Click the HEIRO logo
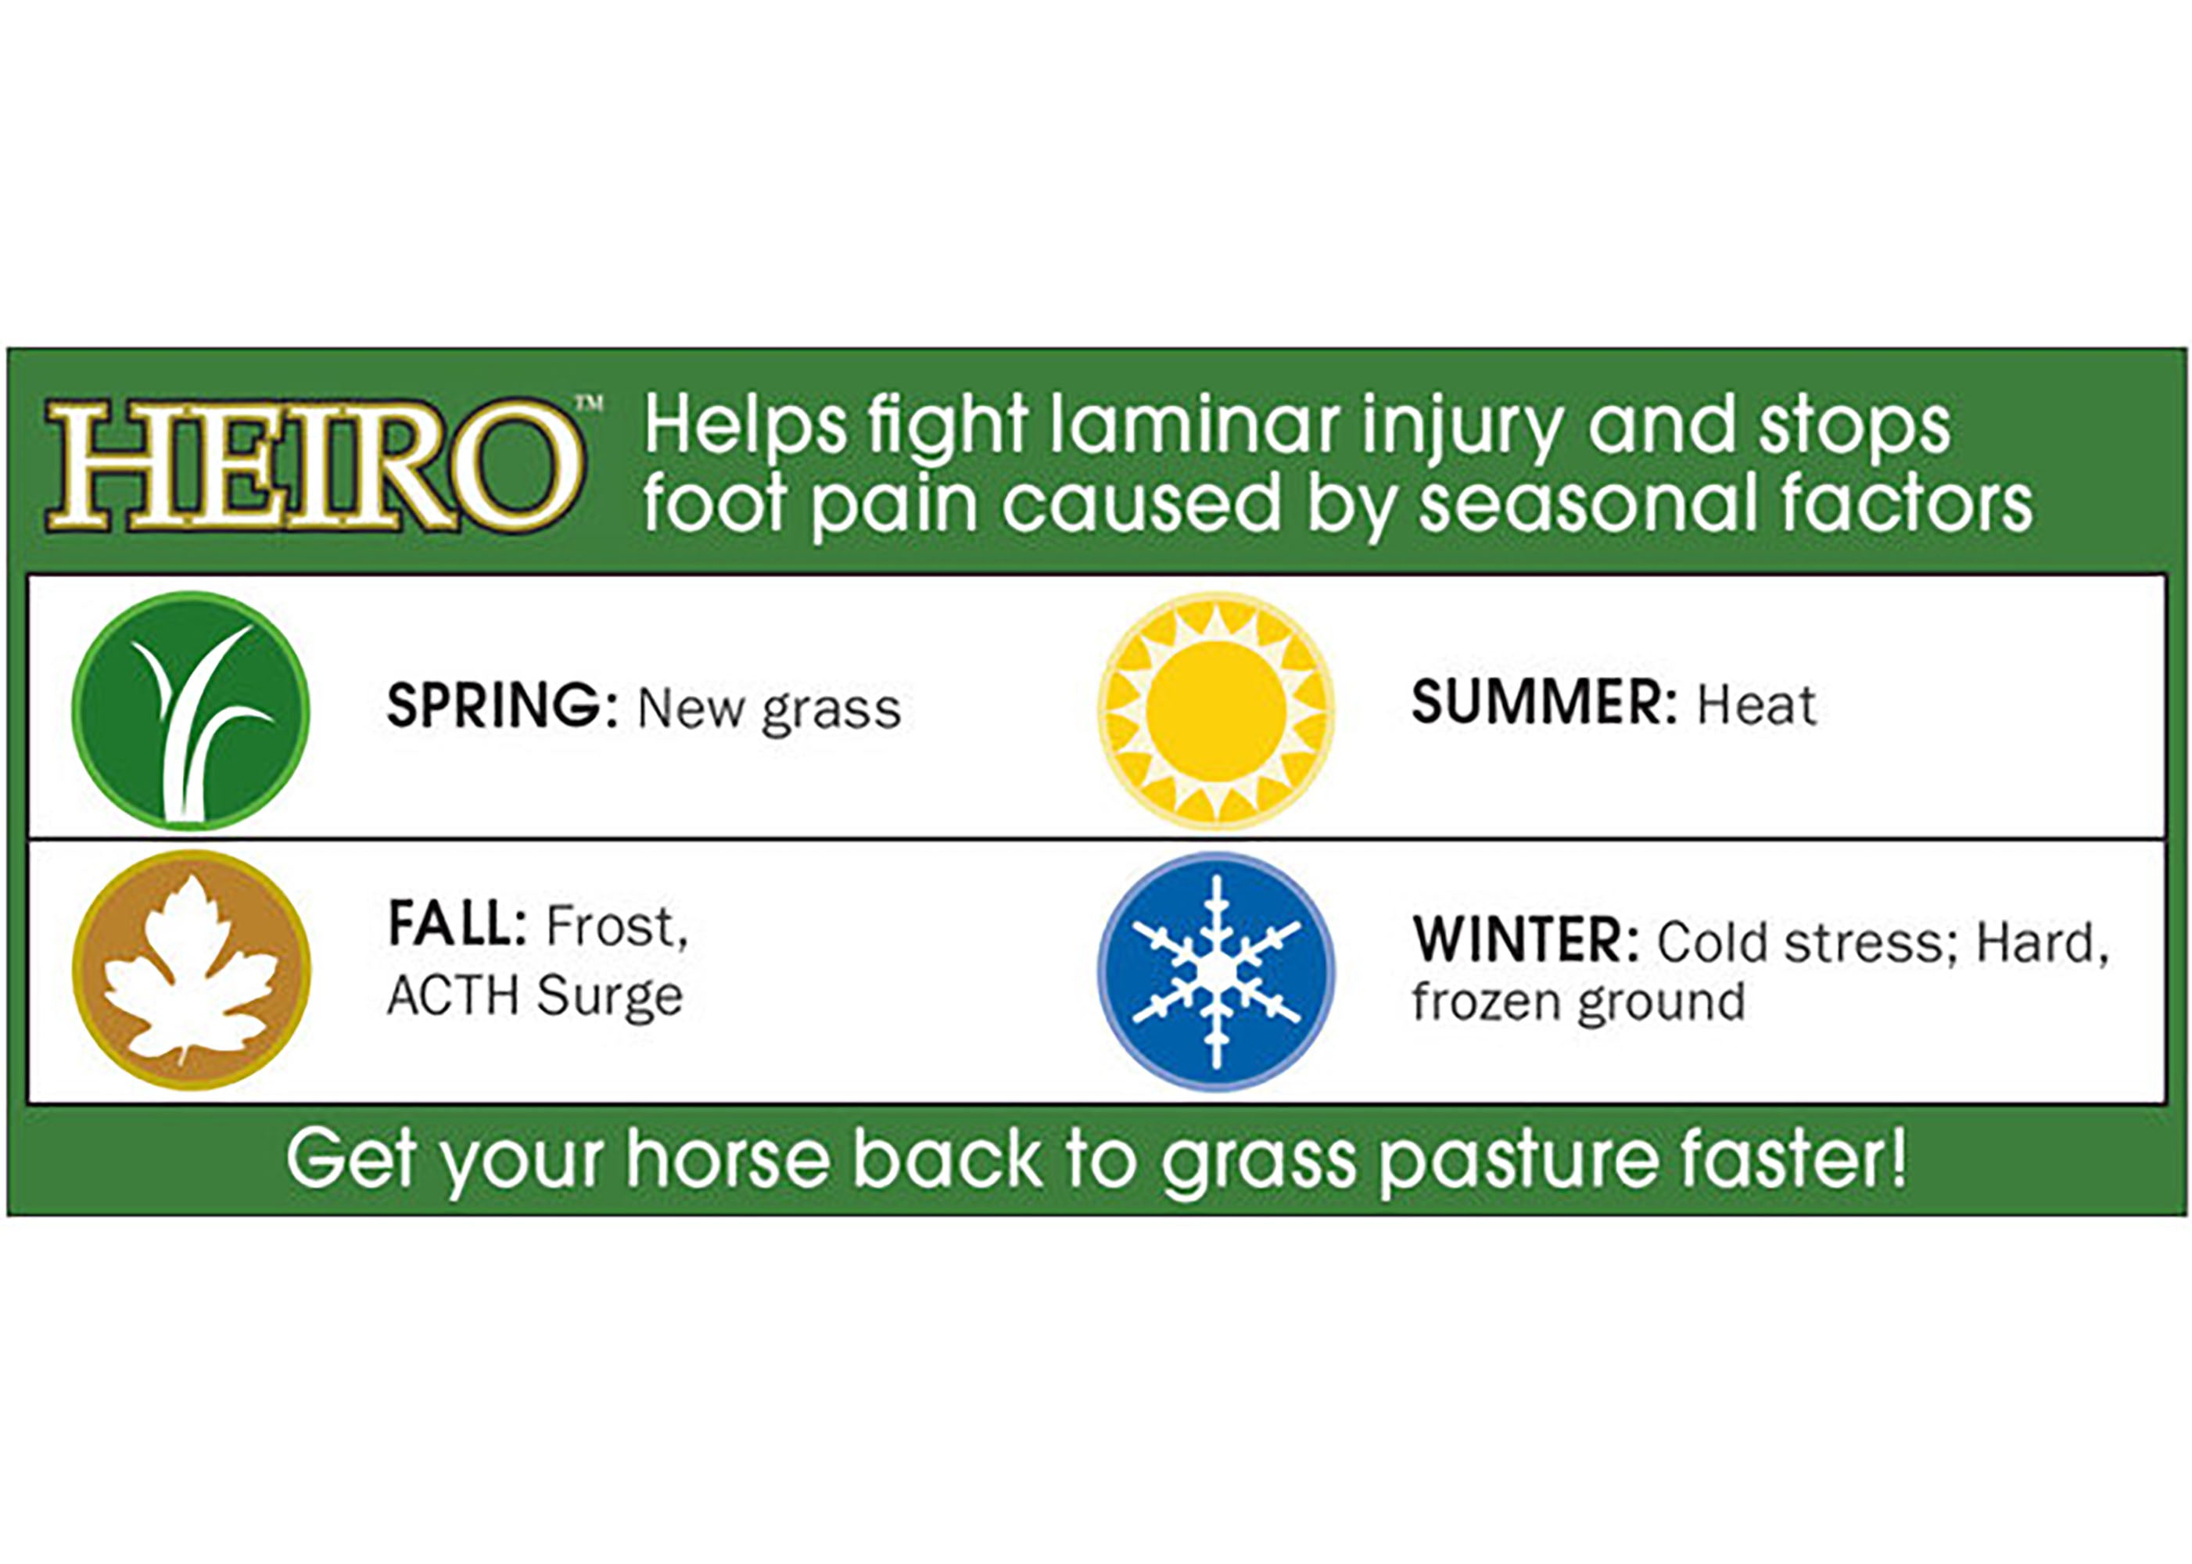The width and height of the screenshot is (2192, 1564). pyautogui.click(x=314, y=465)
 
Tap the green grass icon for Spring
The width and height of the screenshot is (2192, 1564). pyautogui.click(x=191, y=711)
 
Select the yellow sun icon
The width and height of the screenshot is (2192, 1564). pyautogui.click(x=1216, y=711)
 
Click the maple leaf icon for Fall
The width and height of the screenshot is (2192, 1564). pyautogui.click(x=191, y=970)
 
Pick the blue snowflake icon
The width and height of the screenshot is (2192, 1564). pyautogui.click(x=1216, y=970)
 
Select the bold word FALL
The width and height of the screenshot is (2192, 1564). pyautogui.click(x=457, y=924)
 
